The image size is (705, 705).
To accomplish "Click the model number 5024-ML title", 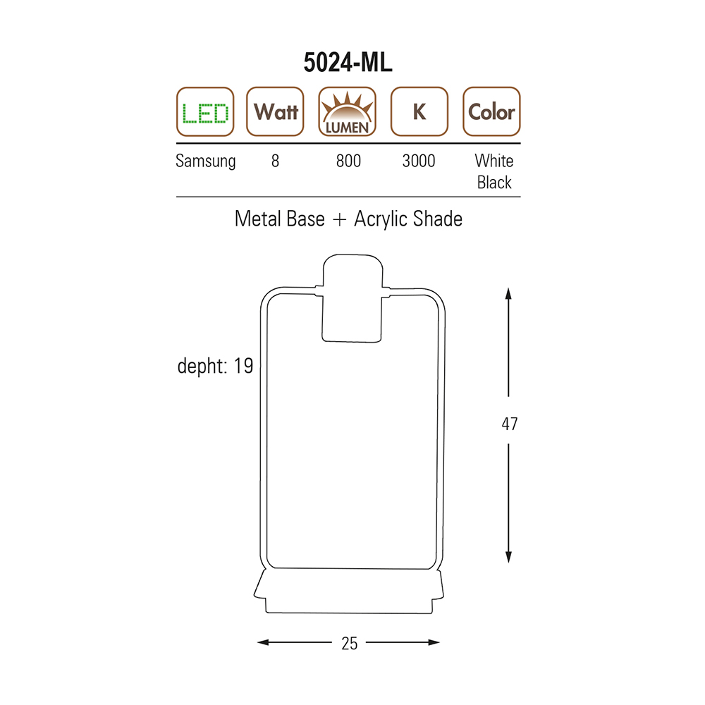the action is point(348,62).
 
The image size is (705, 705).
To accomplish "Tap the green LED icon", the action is point(205,111).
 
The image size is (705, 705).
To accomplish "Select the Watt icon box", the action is point(275,111).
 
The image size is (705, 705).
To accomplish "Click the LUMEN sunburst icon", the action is point(347,111).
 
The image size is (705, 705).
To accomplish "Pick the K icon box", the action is point(419,111).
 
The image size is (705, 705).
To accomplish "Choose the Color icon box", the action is point(491,111).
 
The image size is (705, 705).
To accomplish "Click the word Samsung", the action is point(205,161).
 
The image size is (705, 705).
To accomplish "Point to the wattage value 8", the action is point(275,161).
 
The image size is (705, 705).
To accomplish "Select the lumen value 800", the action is point(348,161).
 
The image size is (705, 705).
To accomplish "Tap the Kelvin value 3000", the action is point(419,161).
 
